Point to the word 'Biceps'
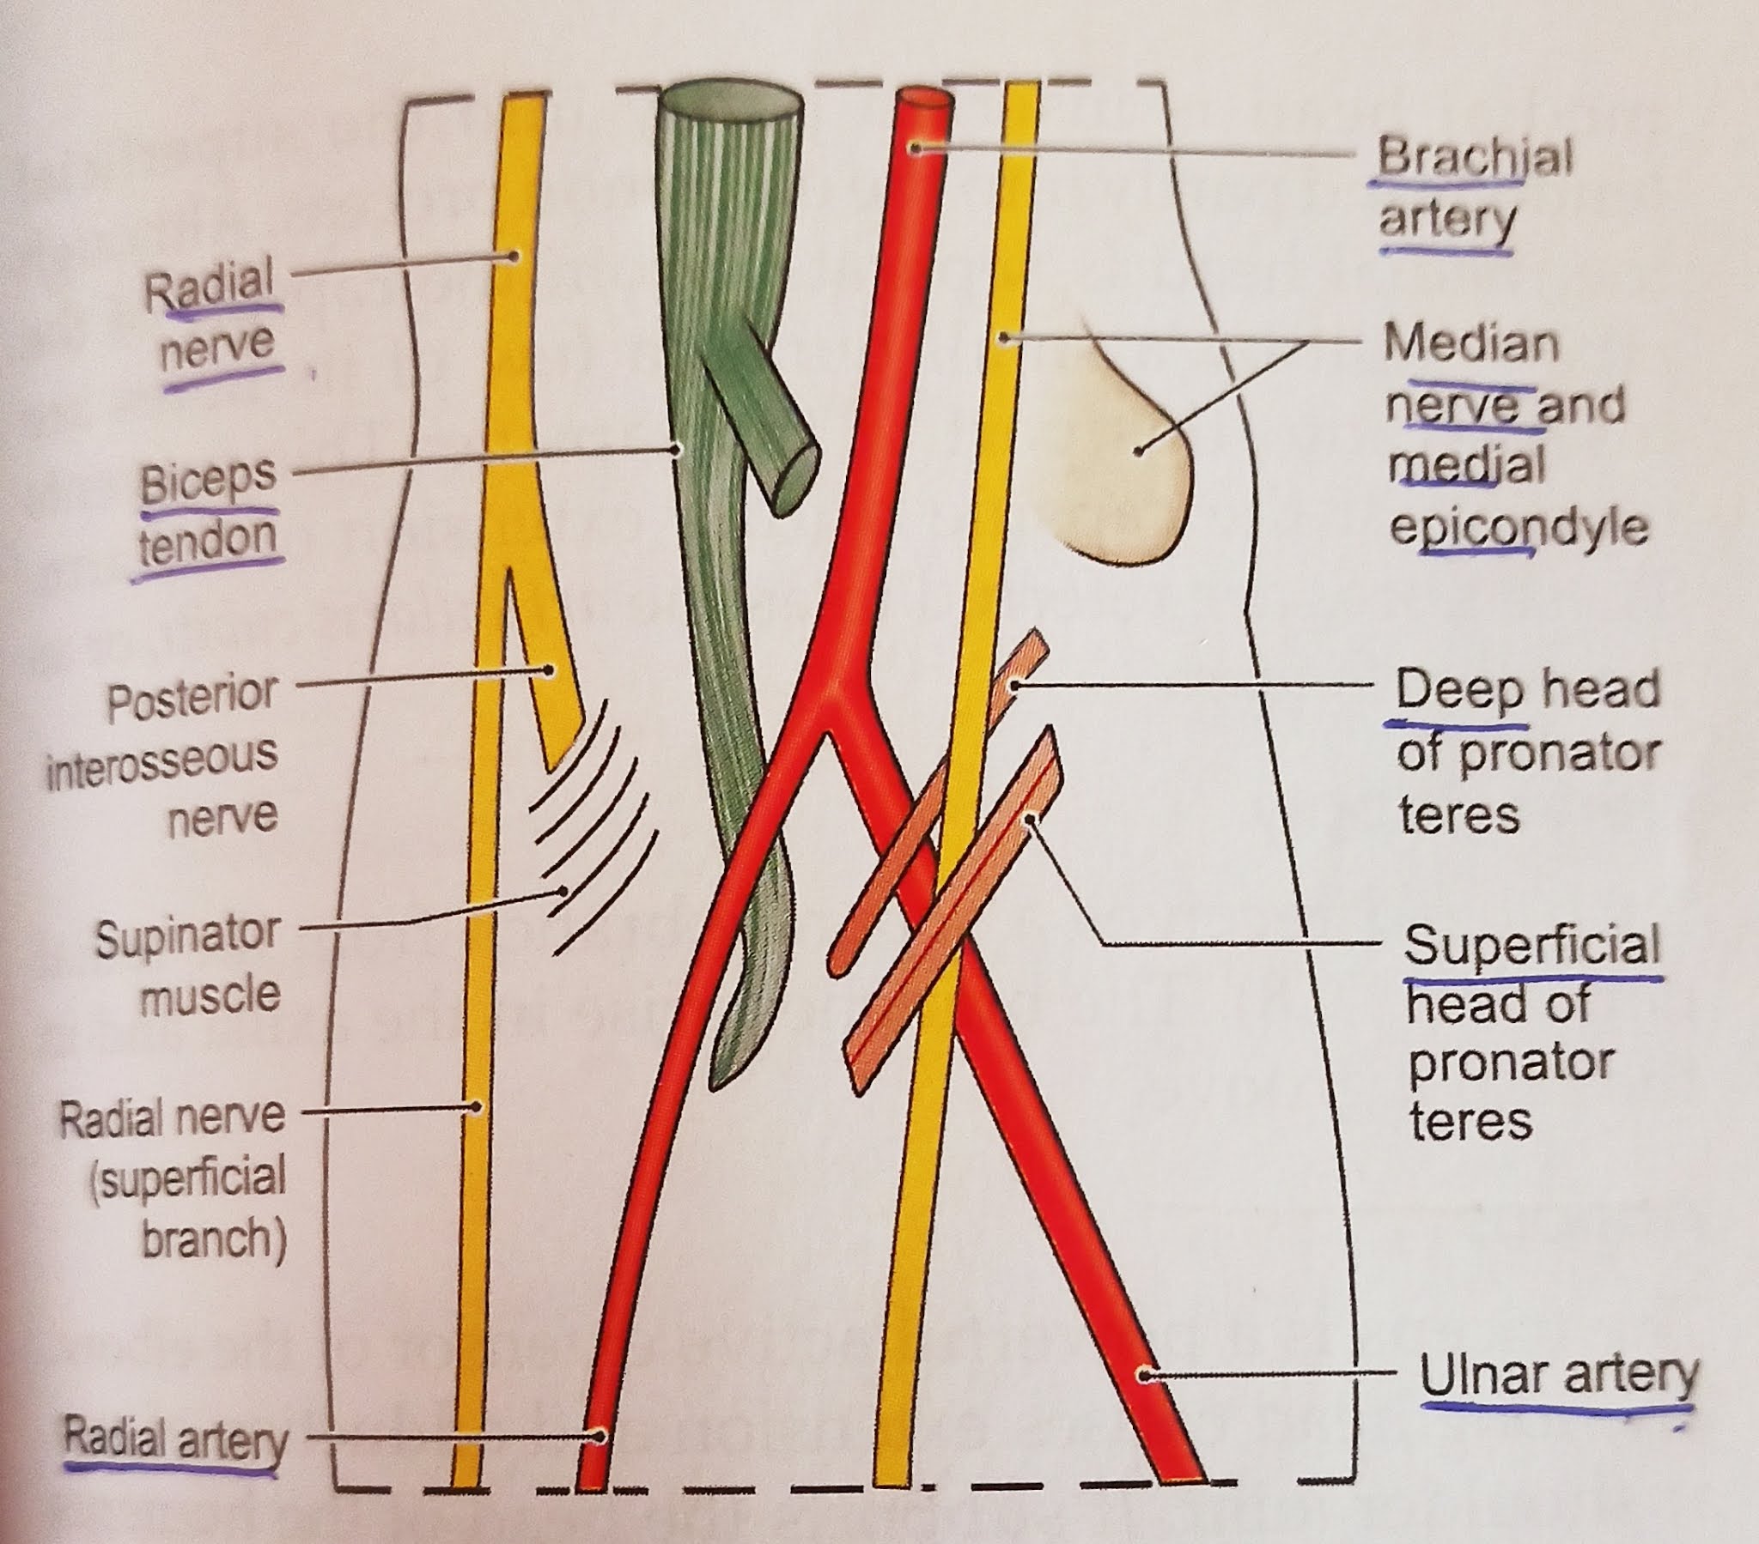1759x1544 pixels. coord(208,484)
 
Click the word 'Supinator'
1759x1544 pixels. coord(188,937)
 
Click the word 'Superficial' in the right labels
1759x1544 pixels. coord(1531,944)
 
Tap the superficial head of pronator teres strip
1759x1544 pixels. coord(955,911)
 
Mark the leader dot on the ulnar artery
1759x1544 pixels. coord(1144,1376)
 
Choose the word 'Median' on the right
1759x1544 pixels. coord(1470,343)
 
